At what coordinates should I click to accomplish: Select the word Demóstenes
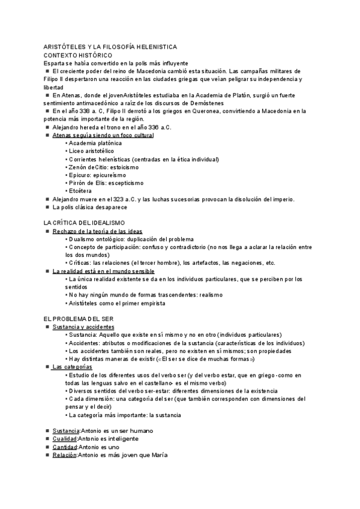point(223,103)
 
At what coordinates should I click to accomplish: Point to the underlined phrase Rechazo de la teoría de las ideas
point(89,230)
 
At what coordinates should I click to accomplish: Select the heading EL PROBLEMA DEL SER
point(79,319)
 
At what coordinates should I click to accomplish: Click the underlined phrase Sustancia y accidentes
point(79,327)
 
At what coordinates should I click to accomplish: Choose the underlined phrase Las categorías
point(72,366)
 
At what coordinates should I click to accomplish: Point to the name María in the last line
point(160,455)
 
